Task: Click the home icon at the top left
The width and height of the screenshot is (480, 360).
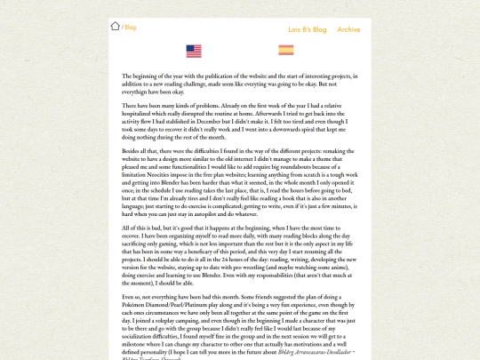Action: pos(115,26)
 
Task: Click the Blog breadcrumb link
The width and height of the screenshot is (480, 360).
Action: pos(130,28)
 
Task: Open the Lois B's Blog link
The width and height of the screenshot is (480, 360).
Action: pos(308,29)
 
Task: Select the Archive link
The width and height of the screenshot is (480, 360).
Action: pos(348,29)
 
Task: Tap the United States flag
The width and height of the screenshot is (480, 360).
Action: pos(194,52)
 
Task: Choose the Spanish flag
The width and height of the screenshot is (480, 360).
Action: pos(286,51)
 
